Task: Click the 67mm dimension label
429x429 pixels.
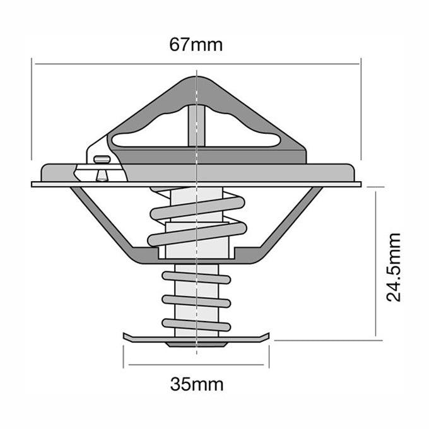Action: pos(196,45)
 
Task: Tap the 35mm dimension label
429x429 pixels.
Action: pos(196,384)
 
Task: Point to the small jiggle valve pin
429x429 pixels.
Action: pos(100,167)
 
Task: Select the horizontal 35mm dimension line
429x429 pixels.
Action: pos(196,365)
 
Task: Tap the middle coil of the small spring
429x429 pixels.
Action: pos(196,300)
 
